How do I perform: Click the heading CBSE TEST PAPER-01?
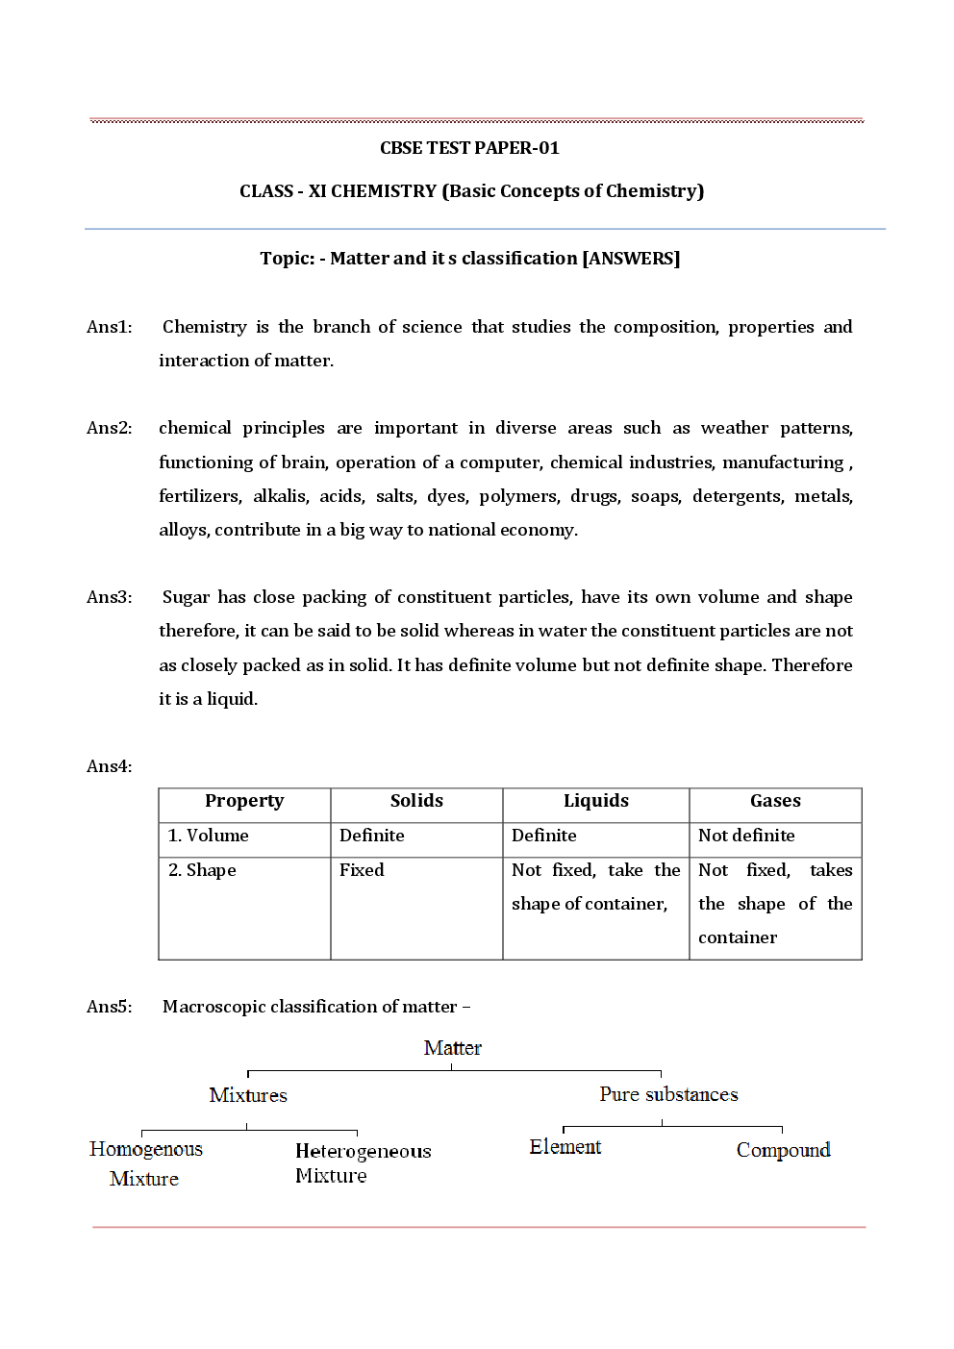pyautogui.click(x=469, y=148)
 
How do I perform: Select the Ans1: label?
pyautogui.click(x=110, y=327)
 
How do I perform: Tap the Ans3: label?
pyautogui.click(x=110, y=597)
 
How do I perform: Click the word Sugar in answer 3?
pyautogui.click(x=186, y=597)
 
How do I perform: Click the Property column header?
pyautogui.click(x=244, y=801)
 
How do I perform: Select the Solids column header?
pyautogui.click(x=416, y=801)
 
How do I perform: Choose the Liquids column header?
pyautogui.click(x=596, y=801)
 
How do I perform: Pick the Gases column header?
pyautogui.click(x=775, y=801)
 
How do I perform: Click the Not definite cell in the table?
pyautogui.click(x=746, y=836)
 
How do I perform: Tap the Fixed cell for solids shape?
pyautogui.click(x=362, y=870)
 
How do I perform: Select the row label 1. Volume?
pyautogui.click(x=209, y=836)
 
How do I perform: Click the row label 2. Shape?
pyautogui.click(x=202, y=870)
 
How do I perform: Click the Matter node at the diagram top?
pyautogui.click(x=452, y=1048)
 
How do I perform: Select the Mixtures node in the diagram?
pyautogui.click(x=248, y=1095)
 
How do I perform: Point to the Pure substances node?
pyautogui.click(x=668, y=1094)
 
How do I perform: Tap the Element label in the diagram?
pyautogui.click(x=565, y=1147)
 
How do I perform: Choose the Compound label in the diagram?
pyautogui.click(x=783, y=1150)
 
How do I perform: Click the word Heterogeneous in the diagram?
pyautogui.click(x=363, y=1151)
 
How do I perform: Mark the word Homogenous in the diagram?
pyautogui.click(x=146, y=1149)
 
